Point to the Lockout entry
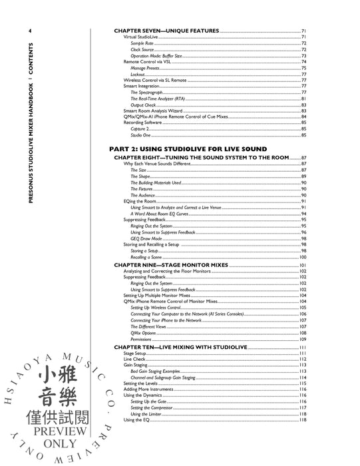pyautogui.click(x=138, y=74)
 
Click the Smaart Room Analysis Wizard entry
pyautogui.click(x=152, y=111)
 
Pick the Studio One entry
pyautogui.click(x=140, y=135)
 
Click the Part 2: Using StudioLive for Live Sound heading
pyautogui.click(x=189, y=148)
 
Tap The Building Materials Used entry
pyautogui.click(x=155, y=182)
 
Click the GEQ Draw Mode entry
pyautogui.click(x=146, y=238)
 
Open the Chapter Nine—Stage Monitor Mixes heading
pyautogui.click(x=171, y=265)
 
